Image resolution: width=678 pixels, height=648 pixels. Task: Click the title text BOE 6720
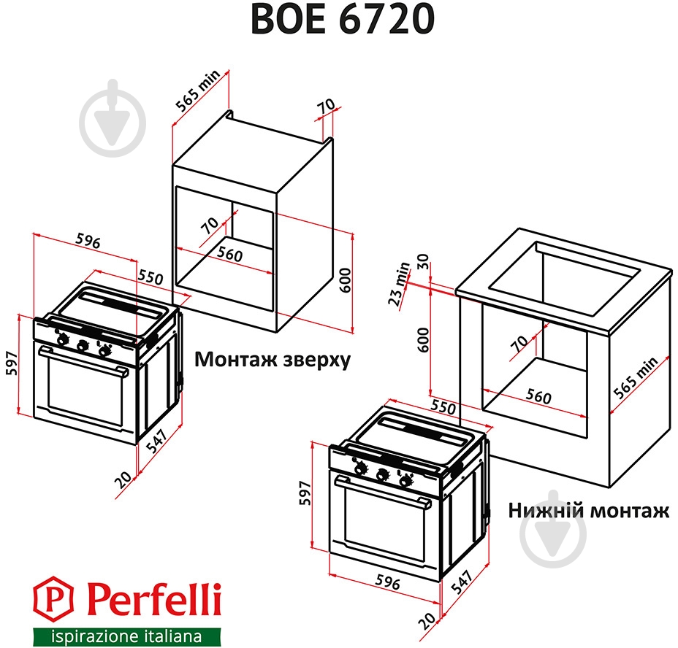341,20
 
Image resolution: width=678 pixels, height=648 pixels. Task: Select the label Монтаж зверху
272,360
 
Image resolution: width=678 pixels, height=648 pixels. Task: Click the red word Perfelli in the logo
153,601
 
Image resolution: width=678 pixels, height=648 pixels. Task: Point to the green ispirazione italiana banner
126,636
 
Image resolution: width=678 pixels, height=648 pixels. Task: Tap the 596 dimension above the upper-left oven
87,242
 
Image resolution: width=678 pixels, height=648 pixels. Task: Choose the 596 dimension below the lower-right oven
387,582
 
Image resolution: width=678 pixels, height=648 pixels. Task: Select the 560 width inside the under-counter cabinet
538,397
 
